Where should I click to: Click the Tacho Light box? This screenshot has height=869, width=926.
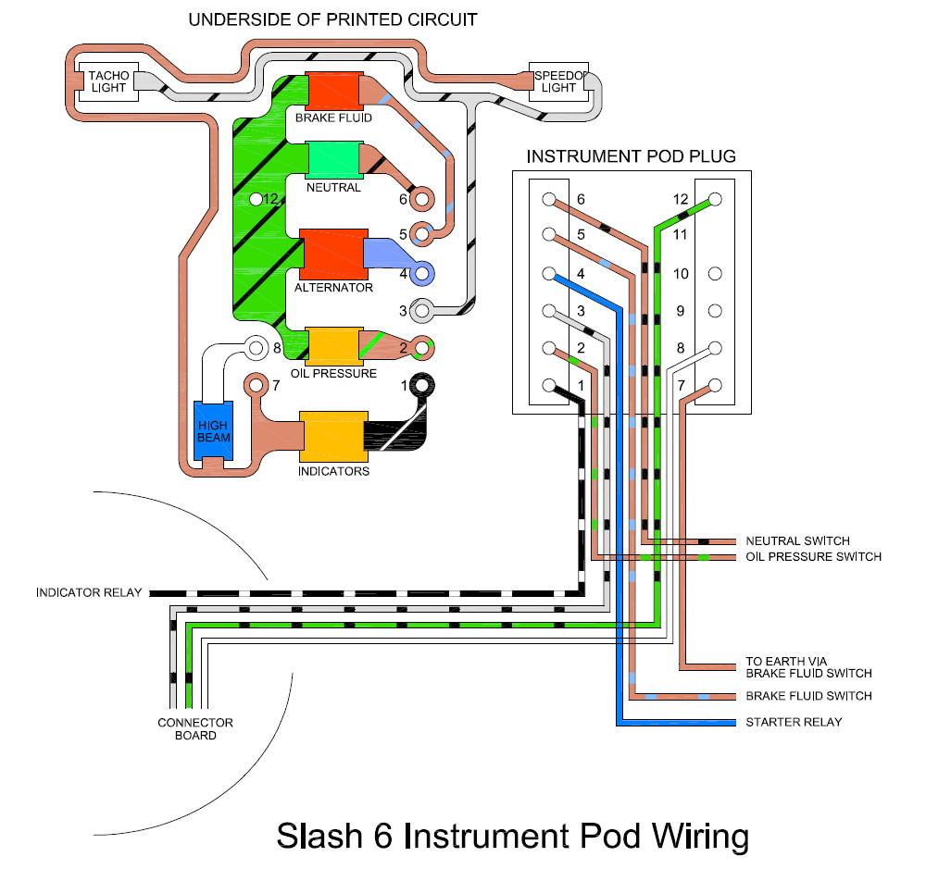pyautogui.click(x=106, y=81)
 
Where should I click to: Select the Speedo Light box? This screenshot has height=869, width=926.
pyautogui.click(x=558, y=81)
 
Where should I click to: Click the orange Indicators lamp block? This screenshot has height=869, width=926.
pyautogui.click(x=333, y=436)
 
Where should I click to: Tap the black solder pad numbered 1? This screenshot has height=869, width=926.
pyautogui.click(x=422, y=385)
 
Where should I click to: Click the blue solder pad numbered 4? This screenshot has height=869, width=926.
pyautogui.click(x=423, y=273)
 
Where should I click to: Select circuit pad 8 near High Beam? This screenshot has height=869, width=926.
pyautogui.click(x=254, y=348)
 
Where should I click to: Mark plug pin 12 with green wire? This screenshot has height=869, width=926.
pyautogui.click(x=714, y=200)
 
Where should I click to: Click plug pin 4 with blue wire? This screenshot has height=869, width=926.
pyautogui.click(x=549, y=274)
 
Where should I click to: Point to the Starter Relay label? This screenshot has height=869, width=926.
pyautogui.click(x=794, y=722)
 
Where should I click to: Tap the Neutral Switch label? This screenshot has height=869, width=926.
pyautogui.click(x=797, y=540)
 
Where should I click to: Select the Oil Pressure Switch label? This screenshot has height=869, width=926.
pyautogui.click(x=813, y=557)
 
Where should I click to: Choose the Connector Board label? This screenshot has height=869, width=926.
pyautogui.click(x=194, y=729)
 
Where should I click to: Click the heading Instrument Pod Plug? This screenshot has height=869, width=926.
pyautogui.click(x=631, y=156)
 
